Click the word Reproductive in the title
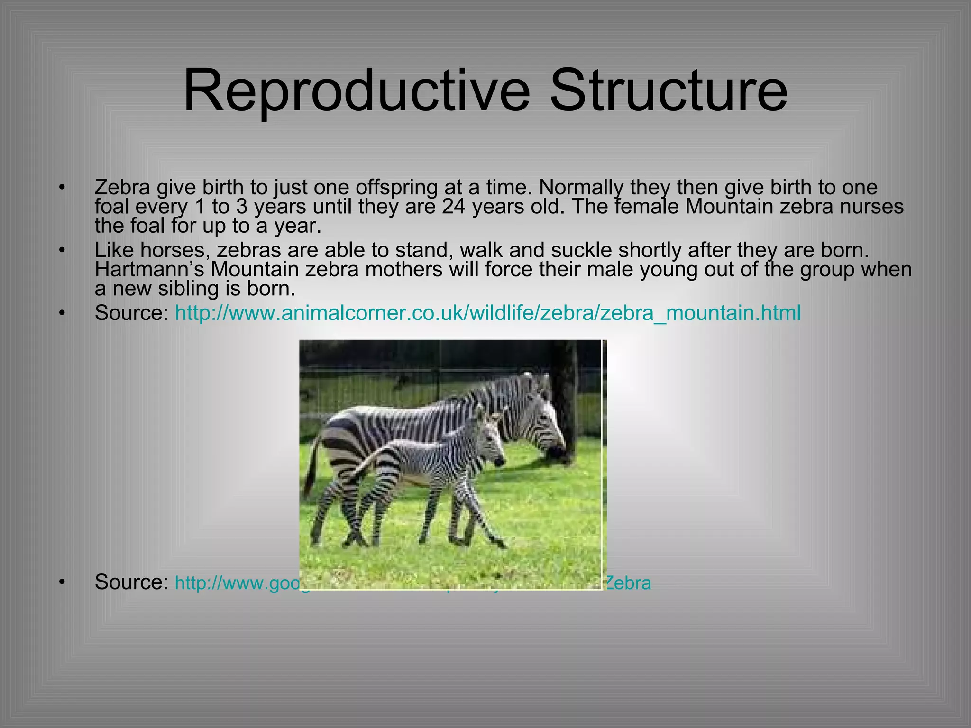click(356, 91)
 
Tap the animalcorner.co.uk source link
click(488, 313)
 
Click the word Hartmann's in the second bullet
click(149, 270)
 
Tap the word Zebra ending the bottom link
click(628, 583)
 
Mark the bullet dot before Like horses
click(61, 250)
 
